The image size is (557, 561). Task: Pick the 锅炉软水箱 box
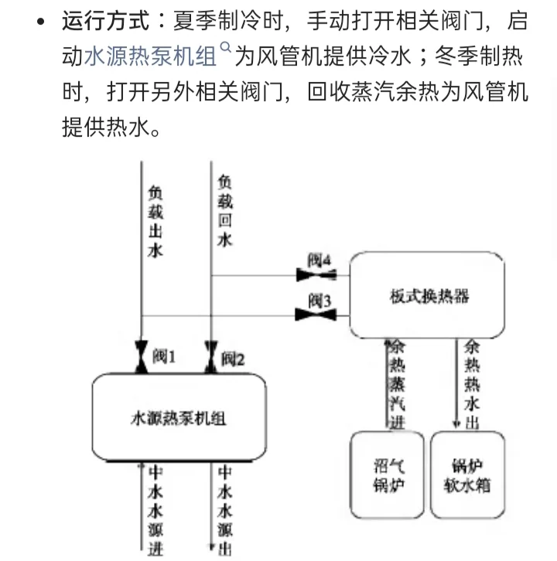[x=467, y=475]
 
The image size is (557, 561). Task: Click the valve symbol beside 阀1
[x=140, y=357]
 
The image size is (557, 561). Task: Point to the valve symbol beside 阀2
[x=210, y=357]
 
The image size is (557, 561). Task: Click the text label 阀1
[x=165, y=357]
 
